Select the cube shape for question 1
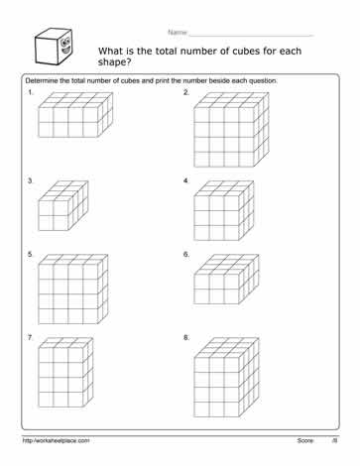pyautogui.click(x=70, y=117)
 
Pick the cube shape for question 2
pyautogui.click(x=231, y=131)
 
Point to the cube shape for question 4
pyautogui.click(x=226, y=209)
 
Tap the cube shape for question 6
pyautogui.click(x=226, y=280)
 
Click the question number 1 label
pyautogui.click(x=31, y=92)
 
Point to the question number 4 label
pyautogui.click(x=186, y=181)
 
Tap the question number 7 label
pyautogui.click(x=31, y=338)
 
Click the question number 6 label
pyautogui.click(x=186, y=255)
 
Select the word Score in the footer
pyautogui.click(x=305, y=439)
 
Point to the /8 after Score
pyautogui.click(x=335, y=439)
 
